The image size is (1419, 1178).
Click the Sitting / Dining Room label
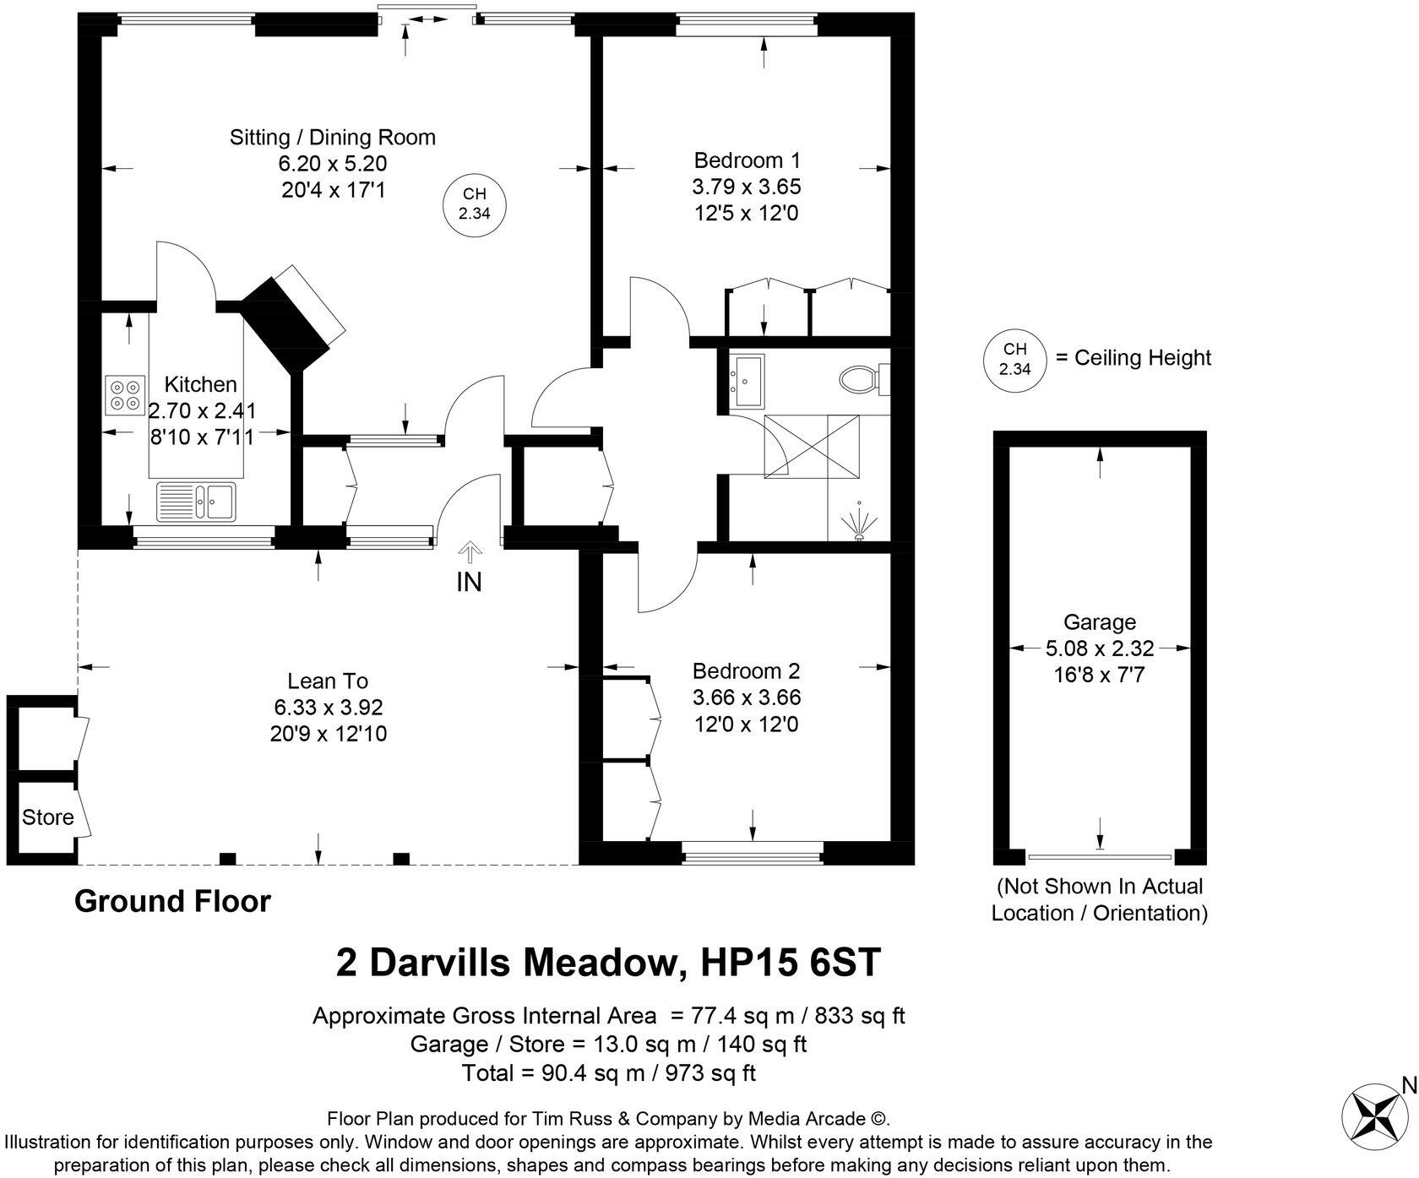tap(332, 137)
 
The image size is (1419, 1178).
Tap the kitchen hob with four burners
tap(125, 394)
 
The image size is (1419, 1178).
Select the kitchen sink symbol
tap(198, 500)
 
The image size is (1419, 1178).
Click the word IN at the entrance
tap(469, 582)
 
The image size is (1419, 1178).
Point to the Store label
tap(47, 817)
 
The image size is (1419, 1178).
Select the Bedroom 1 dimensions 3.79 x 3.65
tap(746, 187)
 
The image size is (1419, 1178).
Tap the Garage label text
tap(1099, 622)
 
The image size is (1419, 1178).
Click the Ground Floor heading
tap(172, 901)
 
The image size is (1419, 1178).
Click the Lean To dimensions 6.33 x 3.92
tap(328, 708)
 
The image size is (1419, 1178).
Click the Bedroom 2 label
tap(746, 671)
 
